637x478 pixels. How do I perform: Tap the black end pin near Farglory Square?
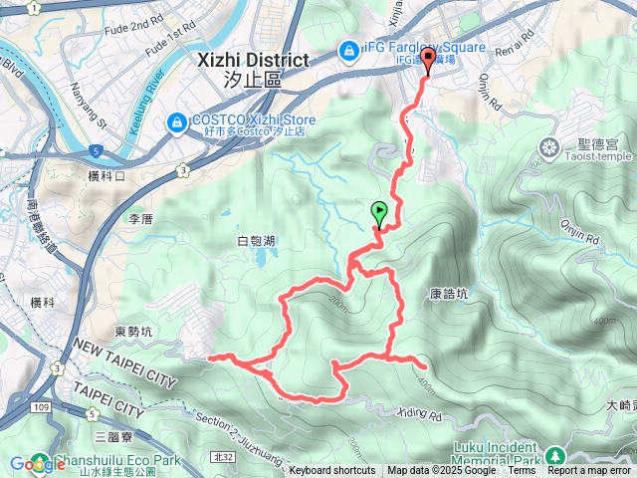coord(429,60)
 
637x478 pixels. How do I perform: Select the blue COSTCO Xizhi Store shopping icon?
coord(175,120)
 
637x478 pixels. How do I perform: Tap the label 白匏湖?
coord(256,240)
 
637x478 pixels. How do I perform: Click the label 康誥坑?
coord(448,295)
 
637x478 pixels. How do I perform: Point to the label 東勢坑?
coord(133,332)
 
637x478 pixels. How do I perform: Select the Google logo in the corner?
coord(31,464)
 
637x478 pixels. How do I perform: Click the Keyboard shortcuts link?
coord(332,471)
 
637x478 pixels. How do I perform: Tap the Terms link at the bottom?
coord(522,471)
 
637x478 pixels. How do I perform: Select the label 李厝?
coord(139,217)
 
